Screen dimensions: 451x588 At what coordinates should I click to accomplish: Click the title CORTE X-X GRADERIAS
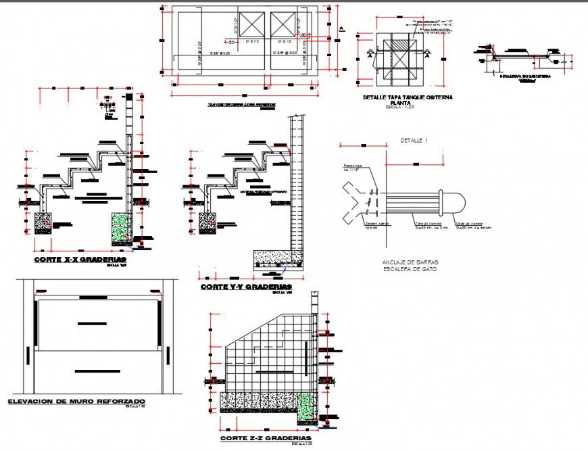click(80, 258)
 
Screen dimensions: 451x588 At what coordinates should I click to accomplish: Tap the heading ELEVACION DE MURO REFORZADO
click(76, 402)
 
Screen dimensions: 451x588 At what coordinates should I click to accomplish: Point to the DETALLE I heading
click(414, 141)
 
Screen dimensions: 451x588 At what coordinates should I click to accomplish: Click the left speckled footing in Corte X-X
click(43, 223)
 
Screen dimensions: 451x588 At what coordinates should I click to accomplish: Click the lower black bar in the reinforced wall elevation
click(92, 371)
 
